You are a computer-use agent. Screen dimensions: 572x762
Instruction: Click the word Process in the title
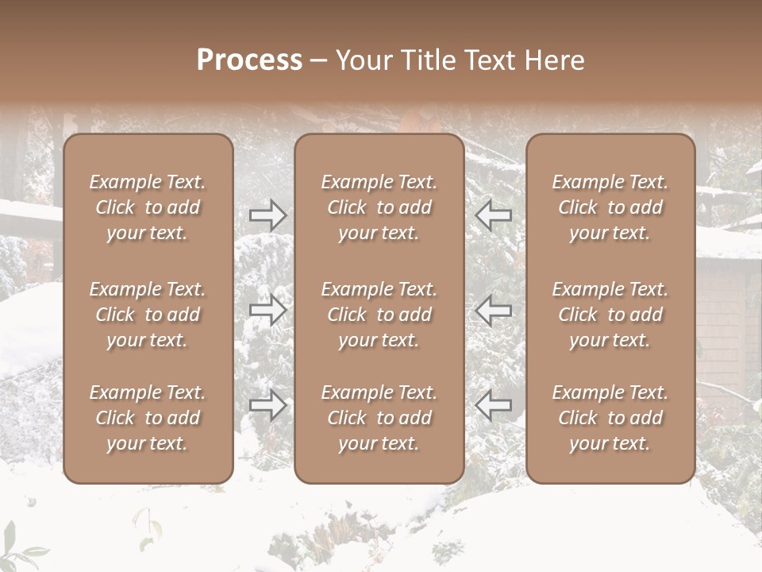click(249, 60)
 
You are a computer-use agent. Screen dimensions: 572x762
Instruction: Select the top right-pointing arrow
click(268, 214)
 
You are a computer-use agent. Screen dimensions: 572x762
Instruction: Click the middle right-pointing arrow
click(268, 310)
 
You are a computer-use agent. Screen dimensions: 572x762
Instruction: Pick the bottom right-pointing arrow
click(268, 405)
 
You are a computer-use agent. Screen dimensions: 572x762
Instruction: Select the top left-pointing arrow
click(494, 214)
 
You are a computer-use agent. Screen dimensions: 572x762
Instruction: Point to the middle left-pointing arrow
click(494, 310)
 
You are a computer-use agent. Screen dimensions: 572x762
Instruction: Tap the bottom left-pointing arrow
click(494, 405)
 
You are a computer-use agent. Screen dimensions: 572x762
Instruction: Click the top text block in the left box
click(148, 207)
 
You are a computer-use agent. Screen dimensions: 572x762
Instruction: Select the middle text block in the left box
click(148, 315)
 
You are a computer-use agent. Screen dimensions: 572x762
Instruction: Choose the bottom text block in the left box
click(148, 418)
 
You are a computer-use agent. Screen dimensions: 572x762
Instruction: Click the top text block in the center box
click(379, 207)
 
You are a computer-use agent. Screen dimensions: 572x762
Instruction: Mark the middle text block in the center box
click(379, 315)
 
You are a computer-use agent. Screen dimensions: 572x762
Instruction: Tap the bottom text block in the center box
click(379, 418)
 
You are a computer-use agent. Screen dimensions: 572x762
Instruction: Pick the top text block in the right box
click(610, 207)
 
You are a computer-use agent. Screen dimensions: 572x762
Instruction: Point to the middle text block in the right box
click(610, 315)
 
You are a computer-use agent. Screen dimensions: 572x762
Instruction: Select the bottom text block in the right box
click(610, 418)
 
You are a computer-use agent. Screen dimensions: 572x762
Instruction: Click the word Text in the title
click(484, 60)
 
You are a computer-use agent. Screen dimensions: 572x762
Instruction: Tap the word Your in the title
click(361, 60)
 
